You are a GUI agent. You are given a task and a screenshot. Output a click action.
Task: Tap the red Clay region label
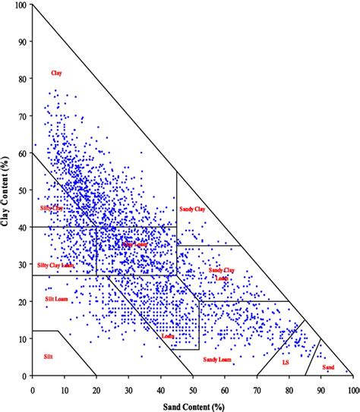pyautogui.click(x=56, y=73)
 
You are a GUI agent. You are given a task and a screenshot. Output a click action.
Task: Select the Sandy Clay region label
pyautogui.click(x=192, y=209)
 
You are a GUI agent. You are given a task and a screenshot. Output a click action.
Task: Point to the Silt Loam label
pyautogui.click(x=56, y=300)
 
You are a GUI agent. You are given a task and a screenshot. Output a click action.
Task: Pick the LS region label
pyautogui.click(x=286, y=363)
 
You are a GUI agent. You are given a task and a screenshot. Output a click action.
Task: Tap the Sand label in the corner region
pyautogui.click(x=328, y=367)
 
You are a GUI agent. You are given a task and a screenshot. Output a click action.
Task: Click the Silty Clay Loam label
pyautogui.click(x=55, y=265)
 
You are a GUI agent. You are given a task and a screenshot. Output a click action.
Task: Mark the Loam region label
pyautogui.click(x=169, y=335)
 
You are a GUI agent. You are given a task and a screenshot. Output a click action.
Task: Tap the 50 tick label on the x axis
pyautogui.click(x=193, y=390)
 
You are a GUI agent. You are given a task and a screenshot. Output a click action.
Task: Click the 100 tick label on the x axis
pyautogui.click(x=352, y=390)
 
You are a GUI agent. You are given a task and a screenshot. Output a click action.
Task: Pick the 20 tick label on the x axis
pyautogui.click(x=96, y=390)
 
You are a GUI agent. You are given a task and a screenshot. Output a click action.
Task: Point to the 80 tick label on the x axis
pyautogui.click(x=289, y=390)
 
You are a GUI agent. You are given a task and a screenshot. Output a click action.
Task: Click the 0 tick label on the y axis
pyautogui.click(x=24, y=376)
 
